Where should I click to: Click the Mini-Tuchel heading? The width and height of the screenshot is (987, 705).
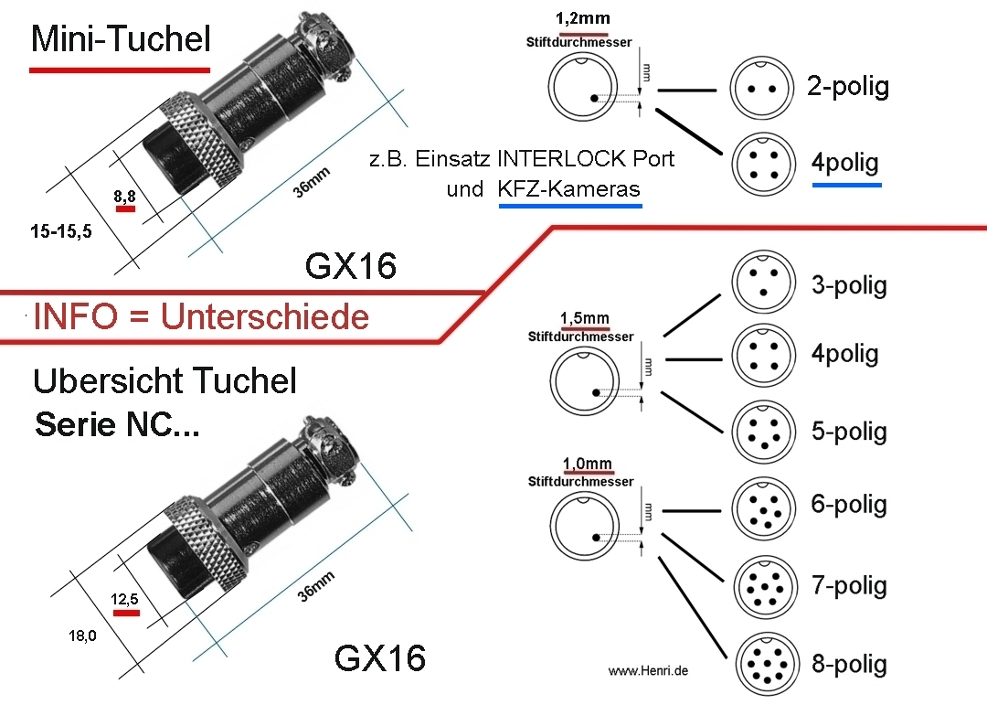(121, 39)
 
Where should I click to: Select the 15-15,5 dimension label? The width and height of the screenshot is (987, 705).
(59, 232)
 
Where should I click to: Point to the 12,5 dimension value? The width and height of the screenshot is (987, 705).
(125, 599)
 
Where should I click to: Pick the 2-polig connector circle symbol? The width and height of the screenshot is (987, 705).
(761, 89)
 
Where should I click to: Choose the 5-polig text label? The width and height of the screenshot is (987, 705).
(849, 431)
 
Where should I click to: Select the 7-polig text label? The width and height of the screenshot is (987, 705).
(849, 584)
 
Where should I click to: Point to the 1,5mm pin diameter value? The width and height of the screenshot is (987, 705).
(585, 319)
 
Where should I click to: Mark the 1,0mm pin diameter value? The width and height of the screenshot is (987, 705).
(586, 465)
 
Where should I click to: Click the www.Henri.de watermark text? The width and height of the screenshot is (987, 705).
(648, 671)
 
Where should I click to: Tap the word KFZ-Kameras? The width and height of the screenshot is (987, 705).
(569, 190)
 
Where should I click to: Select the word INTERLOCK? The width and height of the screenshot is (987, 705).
(561, 158)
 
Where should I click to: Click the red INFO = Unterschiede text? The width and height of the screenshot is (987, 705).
(201, 316)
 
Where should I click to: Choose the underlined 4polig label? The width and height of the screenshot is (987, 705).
(845, 164)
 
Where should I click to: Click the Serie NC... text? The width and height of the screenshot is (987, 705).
(116, 424)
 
